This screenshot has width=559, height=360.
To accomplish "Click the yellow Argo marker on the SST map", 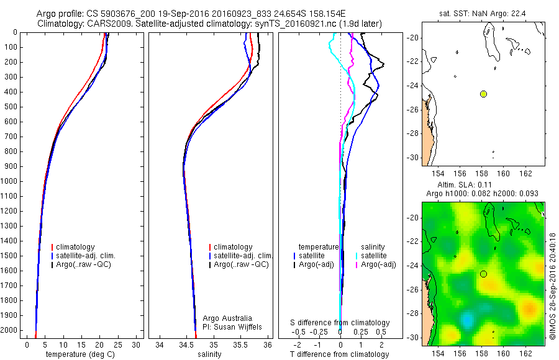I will coord(483,94).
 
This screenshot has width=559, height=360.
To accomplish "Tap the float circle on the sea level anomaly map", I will coord(483,274).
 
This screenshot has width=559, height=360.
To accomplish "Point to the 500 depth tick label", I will coord(12,107).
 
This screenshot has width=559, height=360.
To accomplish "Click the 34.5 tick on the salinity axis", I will coord(186,344).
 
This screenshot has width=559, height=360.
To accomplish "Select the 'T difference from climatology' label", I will coord(340,354).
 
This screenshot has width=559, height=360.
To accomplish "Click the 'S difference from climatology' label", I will coord(340,323).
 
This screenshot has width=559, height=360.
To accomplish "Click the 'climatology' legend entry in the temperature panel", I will coord(76,247).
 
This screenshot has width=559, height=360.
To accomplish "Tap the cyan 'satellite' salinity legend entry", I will coord(373,256).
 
